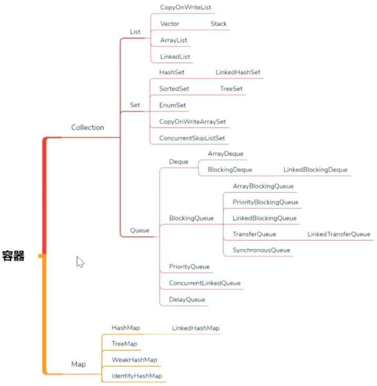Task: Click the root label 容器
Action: [x=13, y=256]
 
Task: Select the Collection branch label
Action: [x=88, y=127]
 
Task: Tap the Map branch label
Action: [x=78, y=364]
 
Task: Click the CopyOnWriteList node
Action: [x=186, y=7]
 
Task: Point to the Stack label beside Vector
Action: [x=219, y=24]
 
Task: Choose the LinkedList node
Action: [x=175, y=57]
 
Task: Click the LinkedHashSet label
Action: [x=238, y=72]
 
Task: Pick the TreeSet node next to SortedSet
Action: [x=231, y=89]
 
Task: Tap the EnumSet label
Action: [x=172, y=105]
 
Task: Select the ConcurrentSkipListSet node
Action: [x=192, y=138]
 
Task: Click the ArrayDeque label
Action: [x=226, y=154]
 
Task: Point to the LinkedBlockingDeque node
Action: [x=315, y=170]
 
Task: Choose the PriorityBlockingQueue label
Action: [x=266, y=202]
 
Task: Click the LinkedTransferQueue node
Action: [x=339, y=234]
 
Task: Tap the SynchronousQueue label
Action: [x=261, y=250]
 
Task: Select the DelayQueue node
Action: [x=187, y=300]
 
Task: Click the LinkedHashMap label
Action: [x=196, y=328]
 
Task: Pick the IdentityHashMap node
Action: [x=137, y=376]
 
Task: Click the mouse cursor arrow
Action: [x=80, y=261]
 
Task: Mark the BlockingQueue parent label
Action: [x=191, y=218]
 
